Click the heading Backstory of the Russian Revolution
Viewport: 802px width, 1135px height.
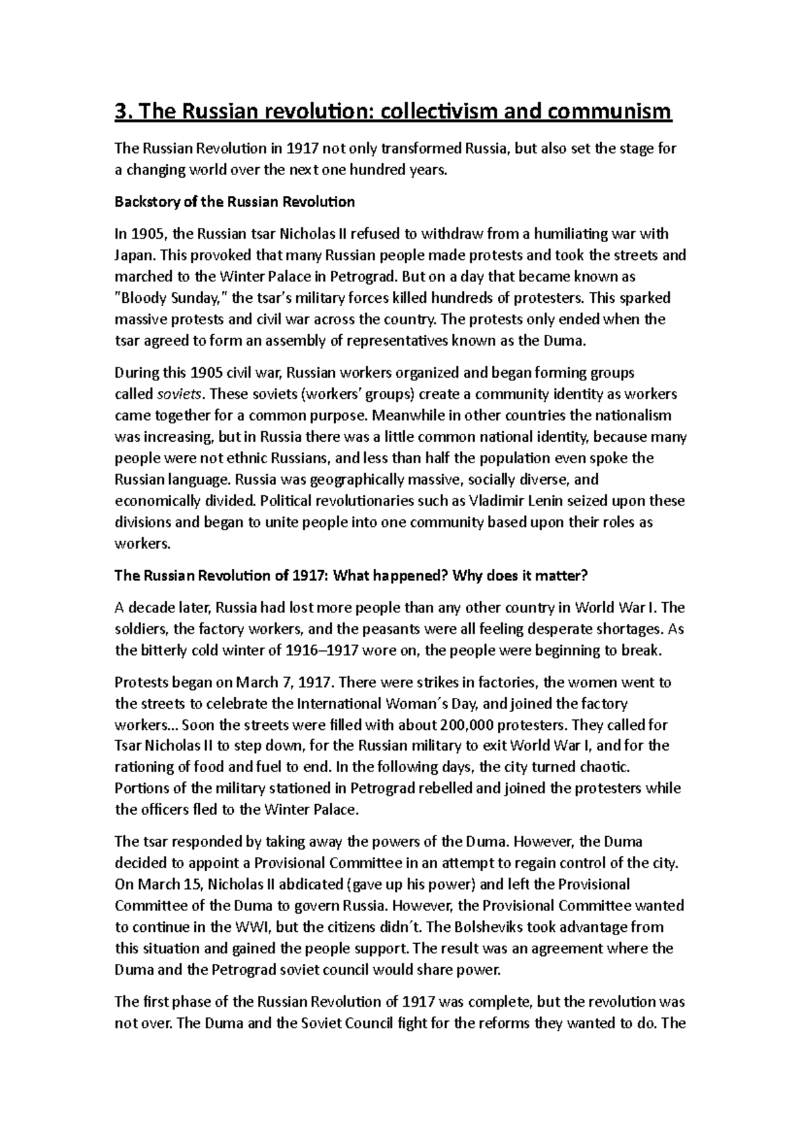pyautogui.click(x=235, y=202)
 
